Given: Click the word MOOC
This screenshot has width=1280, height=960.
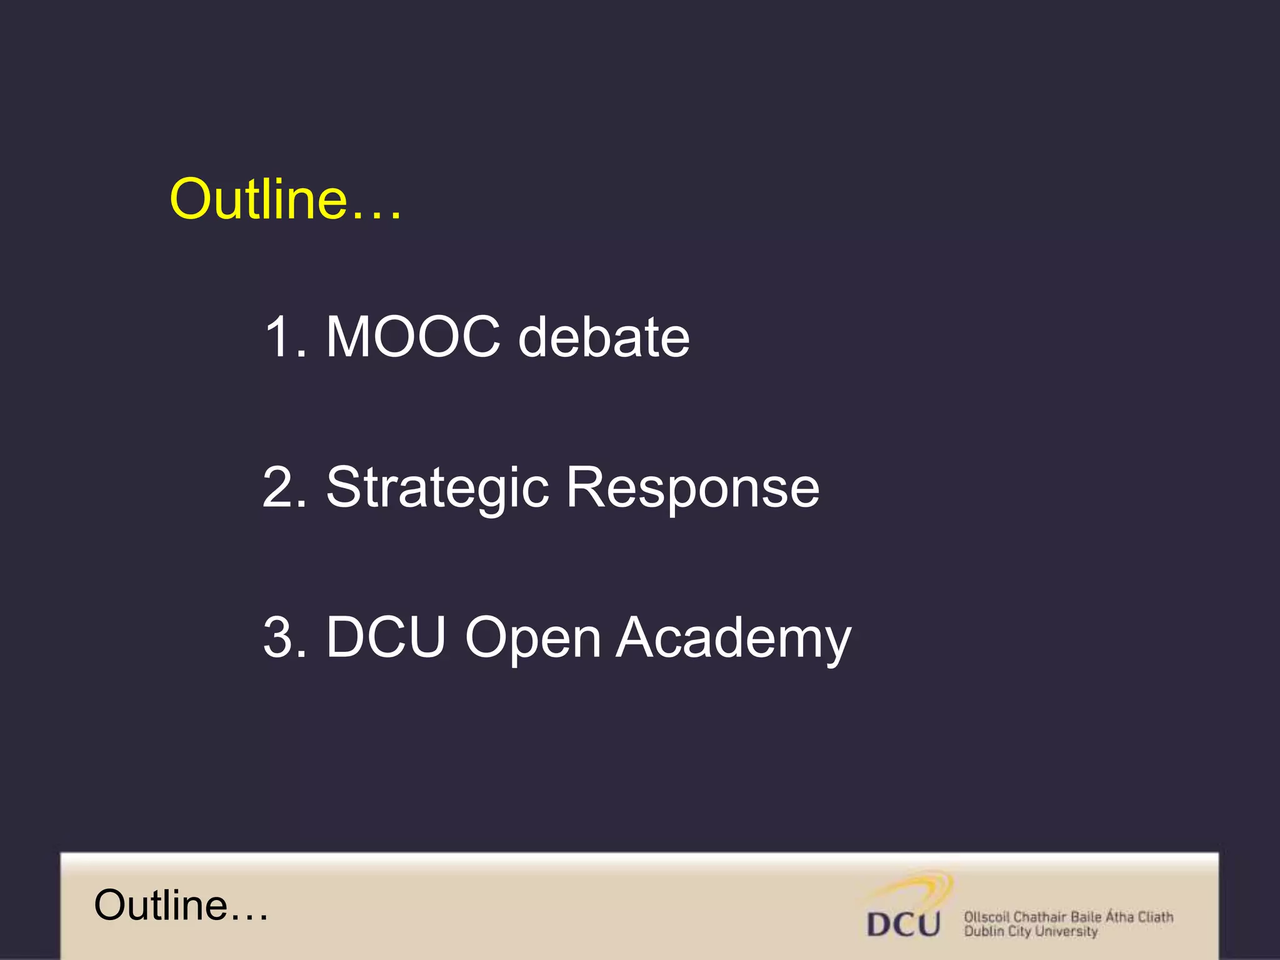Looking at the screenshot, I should (413, 337).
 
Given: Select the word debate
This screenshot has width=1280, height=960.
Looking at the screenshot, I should (604, 337).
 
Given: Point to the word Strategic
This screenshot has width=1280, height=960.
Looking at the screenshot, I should (437, 487).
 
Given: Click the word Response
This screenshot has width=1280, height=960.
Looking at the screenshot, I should (692, 487).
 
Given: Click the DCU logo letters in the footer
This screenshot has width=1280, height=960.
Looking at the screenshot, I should (904, 924).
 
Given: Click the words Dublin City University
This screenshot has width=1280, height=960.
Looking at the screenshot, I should (1031, 931).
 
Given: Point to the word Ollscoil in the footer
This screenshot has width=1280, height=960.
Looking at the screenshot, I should (986, 917).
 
